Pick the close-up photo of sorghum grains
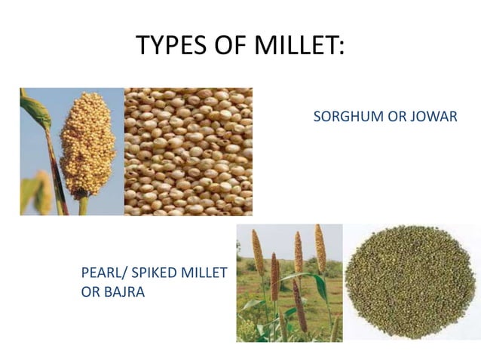tap(188, 151)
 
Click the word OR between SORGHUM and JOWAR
tap(392, 117)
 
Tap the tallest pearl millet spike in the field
tap(320, 249)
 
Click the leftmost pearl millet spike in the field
tap(258, 252)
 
